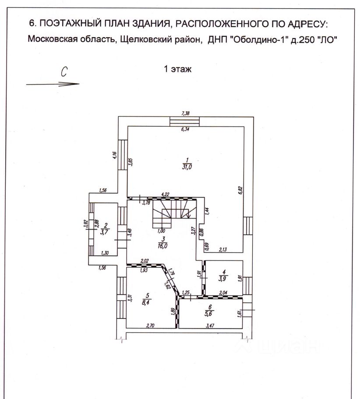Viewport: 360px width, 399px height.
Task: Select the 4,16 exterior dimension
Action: coord(114,156)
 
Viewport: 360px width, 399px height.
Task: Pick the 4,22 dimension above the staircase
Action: coord(165,194)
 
